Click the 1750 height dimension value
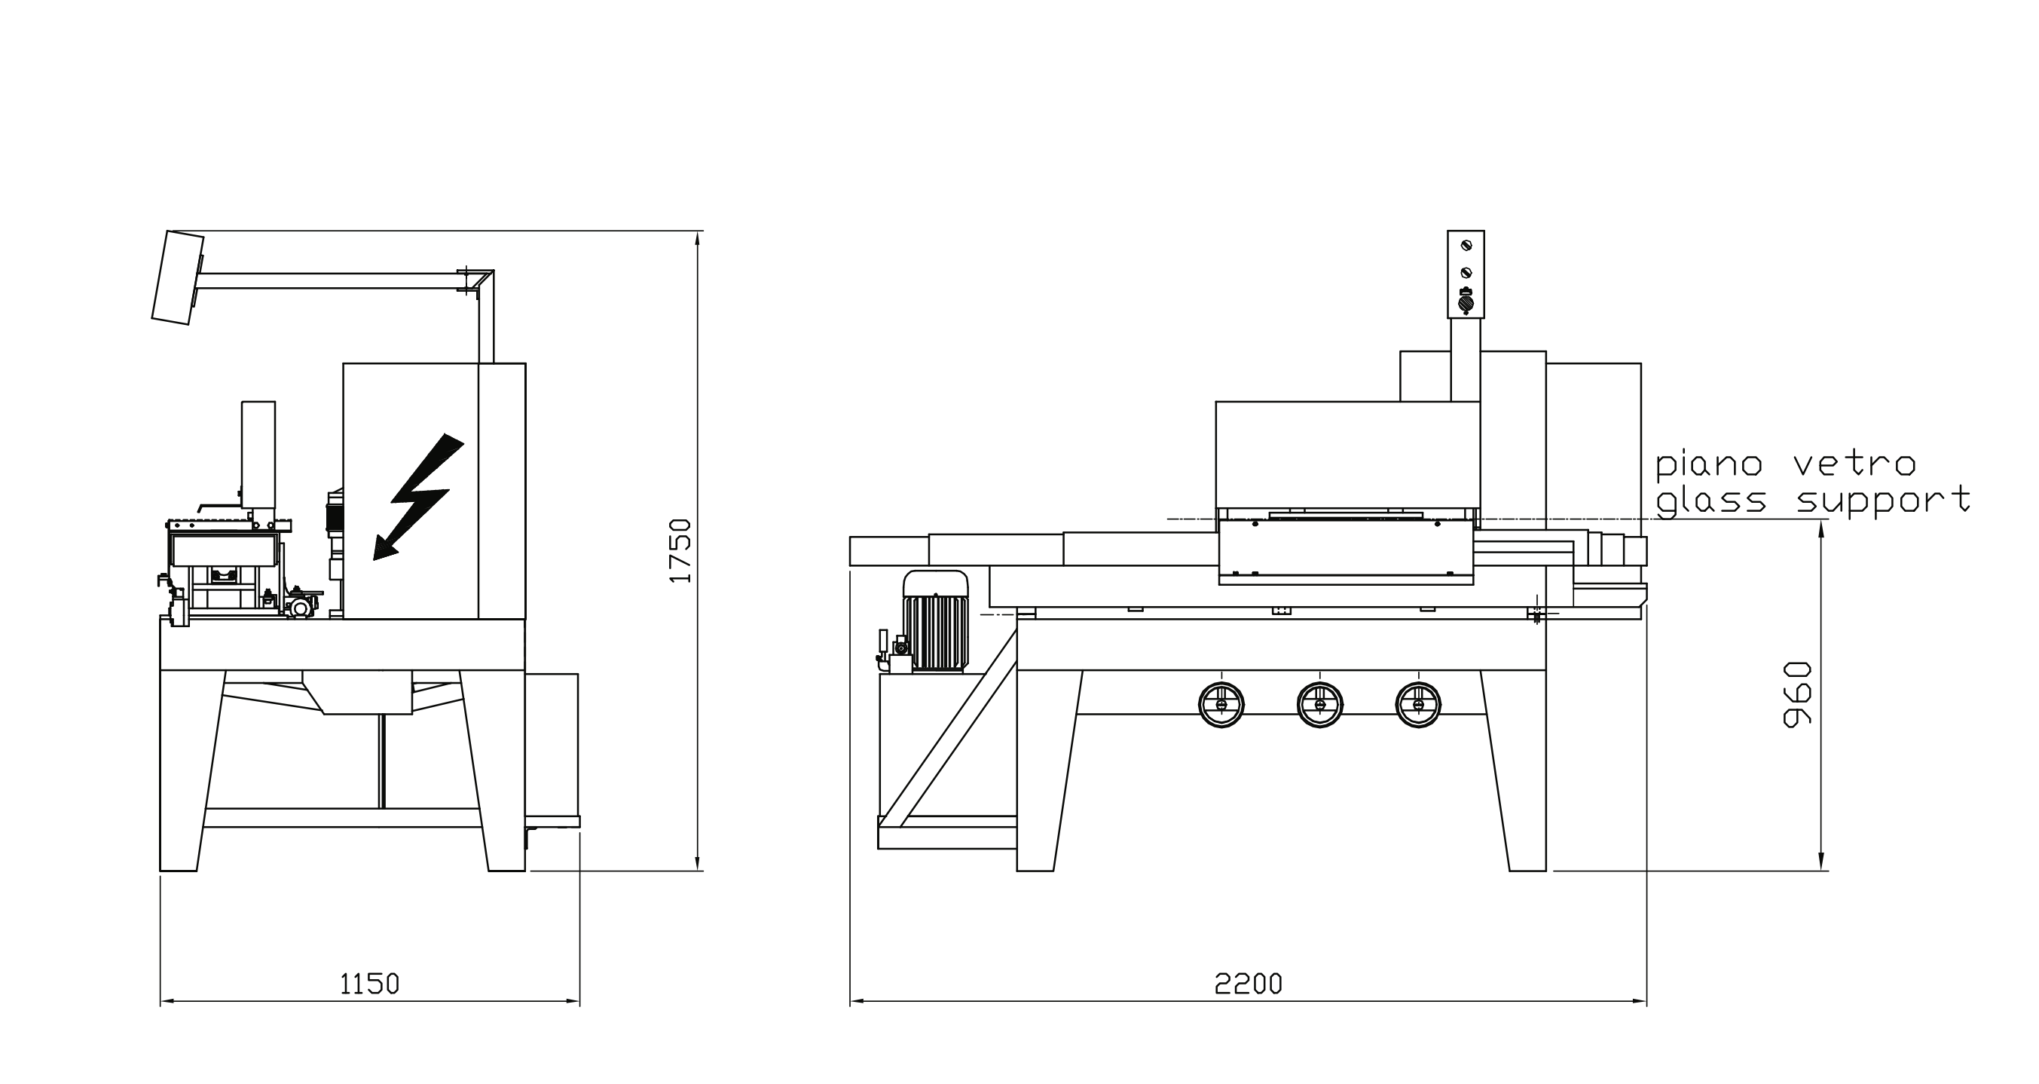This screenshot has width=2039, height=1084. click(680, 550)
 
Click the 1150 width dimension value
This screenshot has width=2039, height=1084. click(370, 984)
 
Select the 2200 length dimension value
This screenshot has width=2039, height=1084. click(1249, 984)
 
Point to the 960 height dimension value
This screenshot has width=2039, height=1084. click(1798, 694)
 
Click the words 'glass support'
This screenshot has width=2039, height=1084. click(1813, 501)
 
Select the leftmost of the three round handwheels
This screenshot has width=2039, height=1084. click(1221, 704)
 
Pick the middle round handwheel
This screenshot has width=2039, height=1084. click(1319, 704)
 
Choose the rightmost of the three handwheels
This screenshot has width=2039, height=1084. click(1417, 704)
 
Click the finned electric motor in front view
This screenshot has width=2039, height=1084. click(936, 626)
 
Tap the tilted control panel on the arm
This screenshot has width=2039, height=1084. click(177, 277)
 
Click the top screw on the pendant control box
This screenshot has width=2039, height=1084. click(1466, 245)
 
